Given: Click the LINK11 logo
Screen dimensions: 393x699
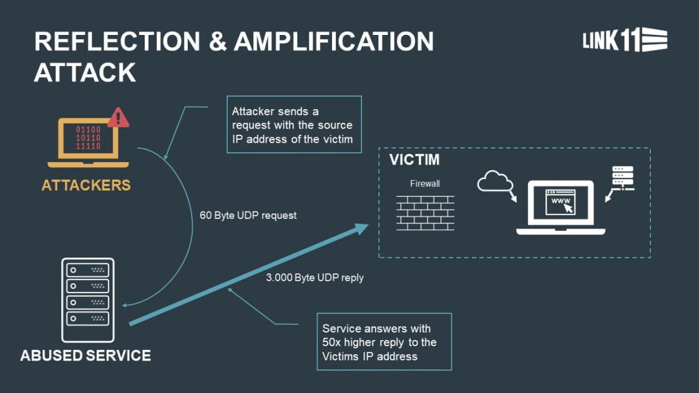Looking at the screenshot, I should coord(625,40).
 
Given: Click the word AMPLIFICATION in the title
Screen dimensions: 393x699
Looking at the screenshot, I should coord(334,42).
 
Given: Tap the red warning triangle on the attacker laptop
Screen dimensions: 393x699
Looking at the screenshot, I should coord(118,118).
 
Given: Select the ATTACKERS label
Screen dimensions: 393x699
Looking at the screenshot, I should coord(86,185).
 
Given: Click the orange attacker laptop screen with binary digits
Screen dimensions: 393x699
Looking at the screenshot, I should coord(88,138).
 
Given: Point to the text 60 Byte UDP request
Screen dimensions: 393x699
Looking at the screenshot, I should coord(248,215).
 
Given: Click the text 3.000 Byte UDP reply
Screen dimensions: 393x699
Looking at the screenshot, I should coord(315,278).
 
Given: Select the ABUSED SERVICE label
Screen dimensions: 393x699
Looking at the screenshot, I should coord(86,356).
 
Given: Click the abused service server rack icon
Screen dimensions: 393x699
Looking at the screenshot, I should coord(88,299).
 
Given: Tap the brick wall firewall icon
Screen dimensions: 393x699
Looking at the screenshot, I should coord(425,213).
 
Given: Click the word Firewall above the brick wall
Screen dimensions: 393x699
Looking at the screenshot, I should coord(424,184).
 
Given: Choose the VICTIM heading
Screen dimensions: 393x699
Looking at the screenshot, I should coord(414,160).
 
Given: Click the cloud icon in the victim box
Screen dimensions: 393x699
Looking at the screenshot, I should coord(494,182).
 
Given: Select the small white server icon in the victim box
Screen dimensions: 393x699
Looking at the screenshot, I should coord(622,177).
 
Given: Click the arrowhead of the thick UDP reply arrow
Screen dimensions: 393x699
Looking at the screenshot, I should coord(362,228).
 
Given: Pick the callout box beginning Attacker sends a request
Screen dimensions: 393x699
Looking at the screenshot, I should coord(294,125).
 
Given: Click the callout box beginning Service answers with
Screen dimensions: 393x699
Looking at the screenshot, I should coord(384,342).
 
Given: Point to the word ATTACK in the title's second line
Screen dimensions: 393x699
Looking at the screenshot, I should coord(85,72).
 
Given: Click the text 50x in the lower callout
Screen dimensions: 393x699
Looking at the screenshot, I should coord(334,342).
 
